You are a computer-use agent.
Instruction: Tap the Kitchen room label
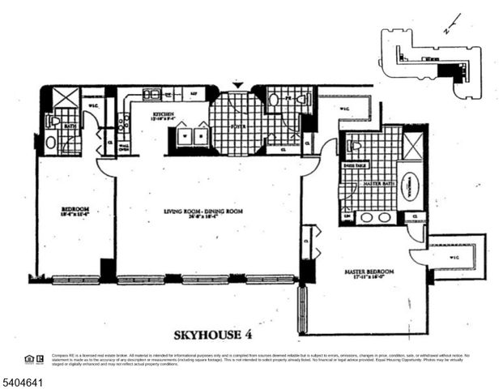tap(164, 115)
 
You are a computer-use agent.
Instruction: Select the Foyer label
tap(238, 126)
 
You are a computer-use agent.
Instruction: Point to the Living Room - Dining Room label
tap(203, 212)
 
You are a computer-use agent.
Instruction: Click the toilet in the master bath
tap(354, 146)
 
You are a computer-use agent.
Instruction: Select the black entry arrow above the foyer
tap(237, 84)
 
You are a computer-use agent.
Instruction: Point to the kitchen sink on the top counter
tap(151, 94)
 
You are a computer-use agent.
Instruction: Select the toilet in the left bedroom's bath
tap(53, 121)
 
